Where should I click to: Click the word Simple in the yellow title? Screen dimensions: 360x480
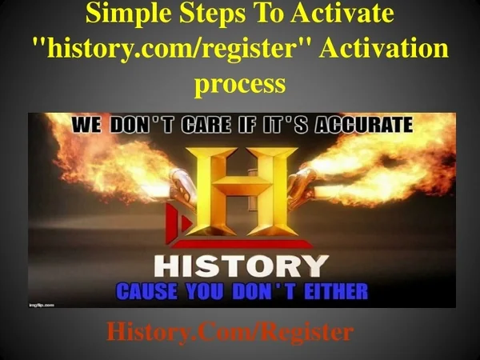click(122, 14)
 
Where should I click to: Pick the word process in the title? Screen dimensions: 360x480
click(239, 82)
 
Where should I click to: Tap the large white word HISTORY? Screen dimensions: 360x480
click(239, 266)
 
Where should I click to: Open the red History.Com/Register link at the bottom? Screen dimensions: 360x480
click(230, 331)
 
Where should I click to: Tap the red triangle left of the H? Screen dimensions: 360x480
click(186, 220)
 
